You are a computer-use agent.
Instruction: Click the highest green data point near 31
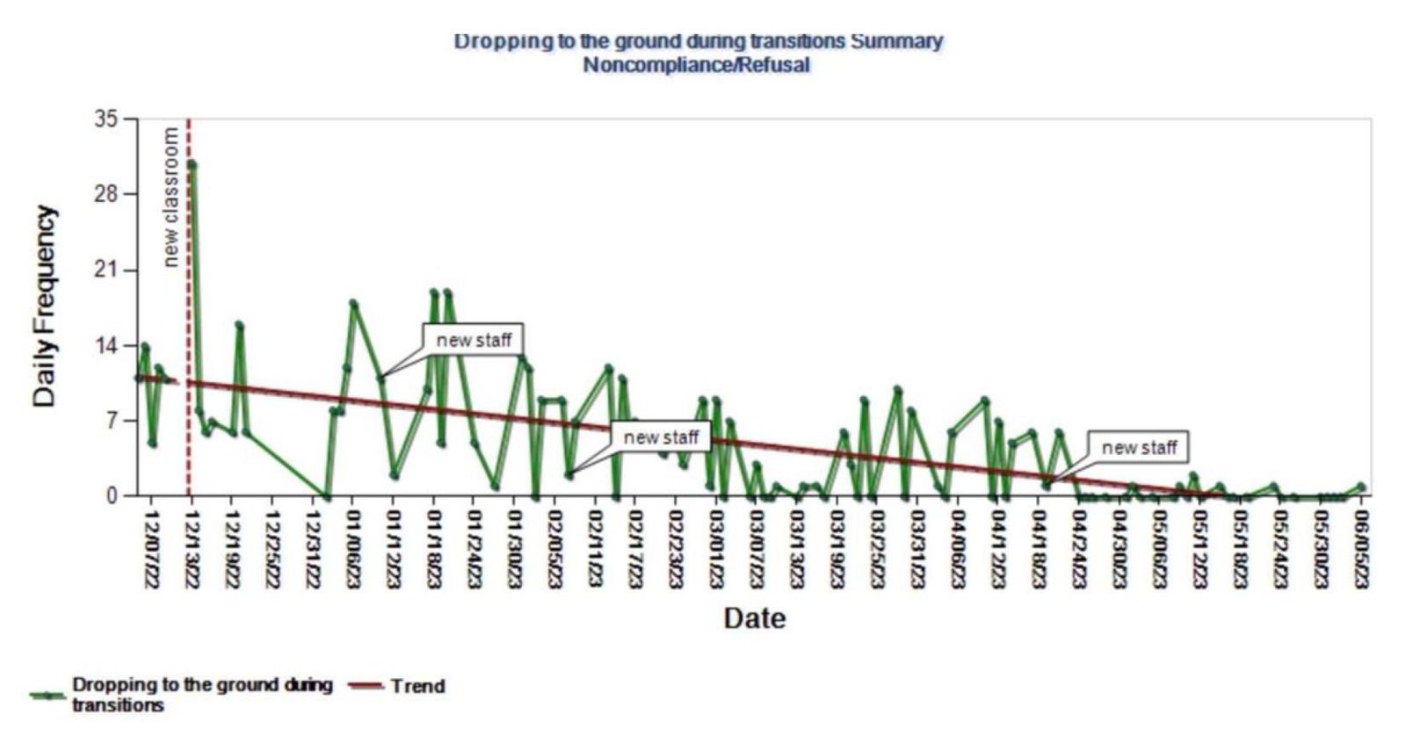point(192,164)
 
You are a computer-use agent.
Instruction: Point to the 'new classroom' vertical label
point(170,196)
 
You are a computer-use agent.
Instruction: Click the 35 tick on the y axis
point(105,119)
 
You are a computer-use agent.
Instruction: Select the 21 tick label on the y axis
point(105,270)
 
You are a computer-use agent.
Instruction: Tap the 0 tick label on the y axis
point(112,495)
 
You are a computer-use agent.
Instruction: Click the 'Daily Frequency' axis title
point(44,307)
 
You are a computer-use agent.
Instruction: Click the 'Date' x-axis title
point(754,617)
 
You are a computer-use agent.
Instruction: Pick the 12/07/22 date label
point(150,551)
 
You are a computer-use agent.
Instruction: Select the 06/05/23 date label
point(1361,551)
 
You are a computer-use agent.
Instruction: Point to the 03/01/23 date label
point(715,551)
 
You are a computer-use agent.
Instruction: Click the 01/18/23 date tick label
point(433,551)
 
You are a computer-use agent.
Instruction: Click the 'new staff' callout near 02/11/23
point(661,437)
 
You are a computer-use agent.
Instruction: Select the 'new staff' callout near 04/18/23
point(1139,448)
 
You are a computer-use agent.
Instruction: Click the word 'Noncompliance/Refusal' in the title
point(697,65)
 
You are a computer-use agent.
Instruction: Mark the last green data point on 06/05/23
point(1361,486)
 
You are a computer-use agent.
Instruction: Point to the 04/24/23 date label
point(1078,551)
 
